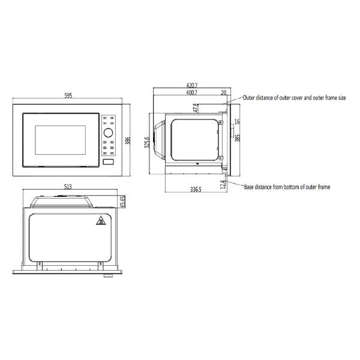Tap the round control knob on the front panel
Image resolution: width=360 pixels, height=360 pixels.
[x=109, y=132]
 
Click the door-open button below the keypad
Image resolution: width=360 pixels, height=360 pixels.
[x=109, y=161]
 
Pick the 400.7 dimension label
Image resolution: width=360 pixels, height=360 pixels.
[x=191, y=93]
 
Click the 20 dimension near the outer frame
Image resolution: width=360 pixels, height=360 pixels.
[x=224, y=93]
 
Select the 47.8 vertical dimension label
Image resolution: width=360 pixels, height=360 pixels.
[x=196, y=108]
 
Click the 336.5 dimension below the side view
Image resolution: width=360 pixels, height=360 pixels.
[x=196, y=189]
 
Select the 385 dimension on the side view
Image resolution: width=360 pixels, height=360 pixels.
[x=238, y=137]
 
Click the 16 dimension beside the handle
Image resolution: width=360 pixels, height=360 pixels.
[x=237, y=122]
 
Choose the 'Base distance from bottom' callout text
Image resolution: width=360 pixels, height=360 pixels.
[x=287, y=187]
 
